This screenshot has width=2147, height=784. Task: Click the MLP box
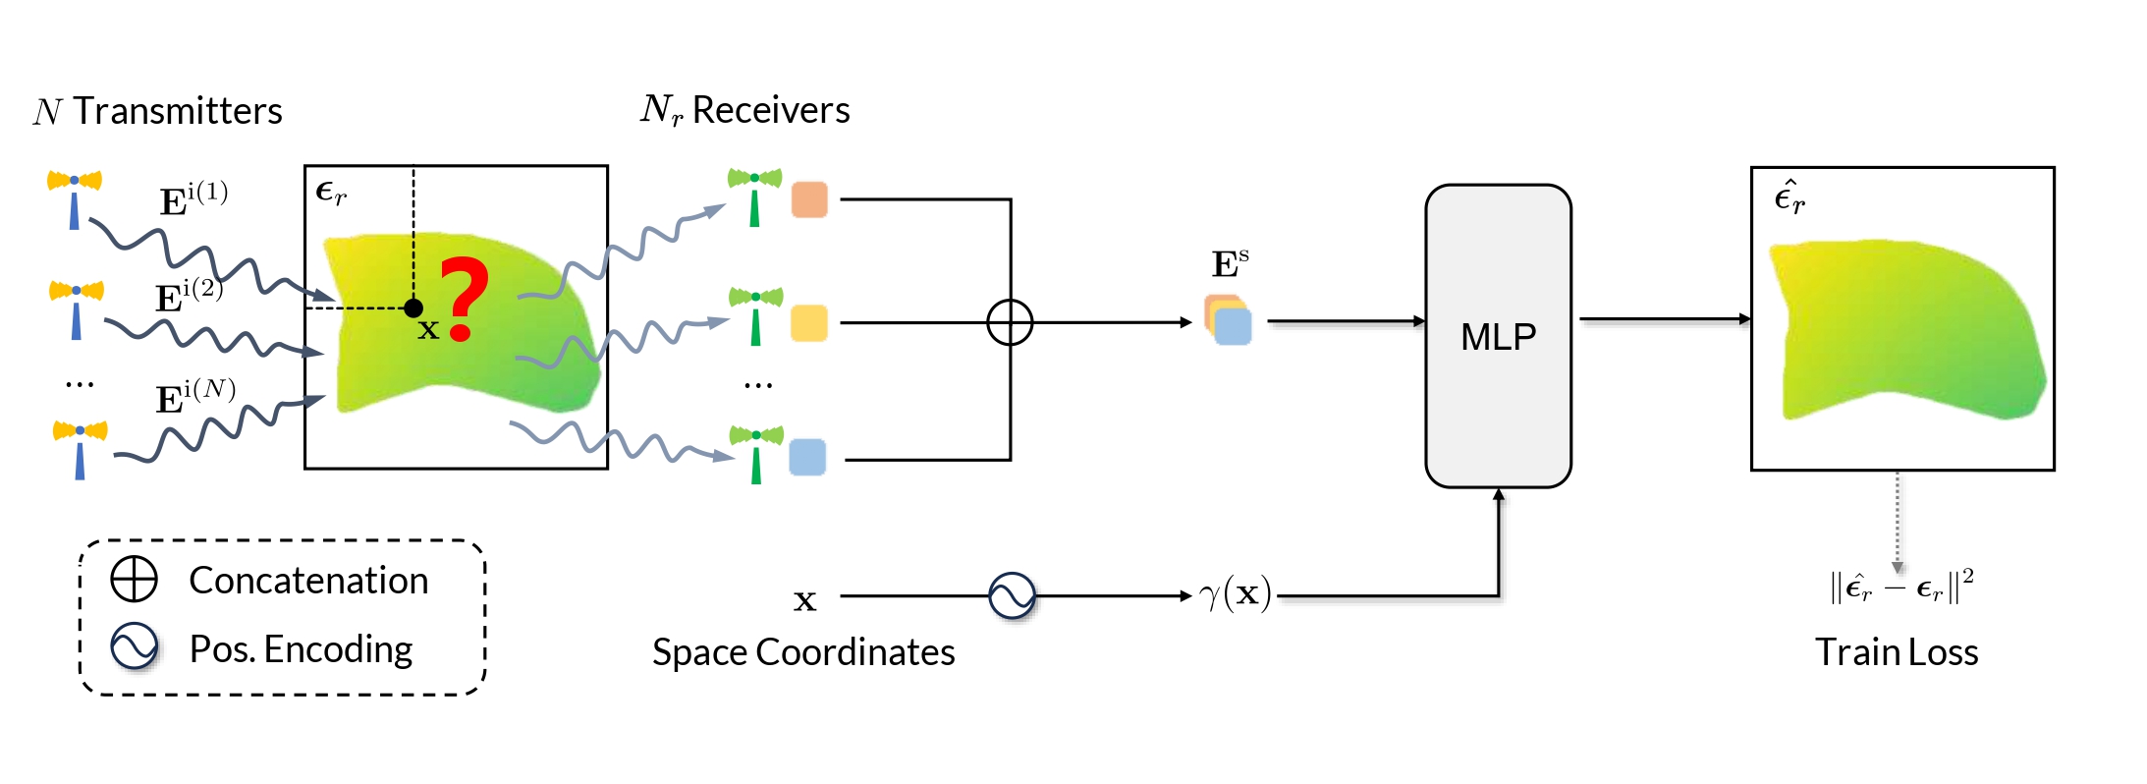click(1498, 336)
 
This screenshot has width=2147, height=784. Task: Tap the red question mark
click(463, 298)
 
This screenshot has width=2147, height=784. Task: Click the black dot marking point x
click(413, 308)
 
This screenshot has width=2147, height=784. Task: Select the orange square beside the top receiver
click(809, 199)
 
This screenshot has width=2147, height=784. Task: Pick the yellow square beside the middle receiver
click(809, 322)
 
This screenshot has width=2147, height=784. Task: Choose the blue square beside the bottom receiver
click(807, 458)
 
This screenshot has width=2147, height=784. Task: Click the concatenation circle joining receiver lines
click(1010, 322)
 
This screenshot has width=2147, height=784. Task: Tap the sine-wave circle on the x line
click(1012, 595)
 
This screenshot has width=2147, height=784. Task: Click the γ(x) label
click(1236, 593)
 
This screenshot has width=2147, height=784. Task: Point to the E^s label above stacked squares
click(1229, 264)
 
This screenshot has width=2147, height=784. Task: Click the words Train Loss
click(1896, 652)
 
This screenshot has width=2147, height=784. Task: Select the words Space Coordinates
click(803, 652)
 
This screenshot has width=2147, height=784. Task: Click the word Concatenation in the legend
click(308, 581)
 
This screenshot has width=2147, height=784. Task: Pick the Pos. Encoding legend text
click(301, 649)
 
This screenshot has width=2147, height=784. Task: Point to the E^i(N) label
click(194, 396)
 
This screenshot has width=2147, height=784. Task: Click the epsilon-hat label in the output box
click(1789, 197)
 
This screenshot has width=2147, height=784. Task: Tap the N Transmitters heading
click(158, 111)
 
